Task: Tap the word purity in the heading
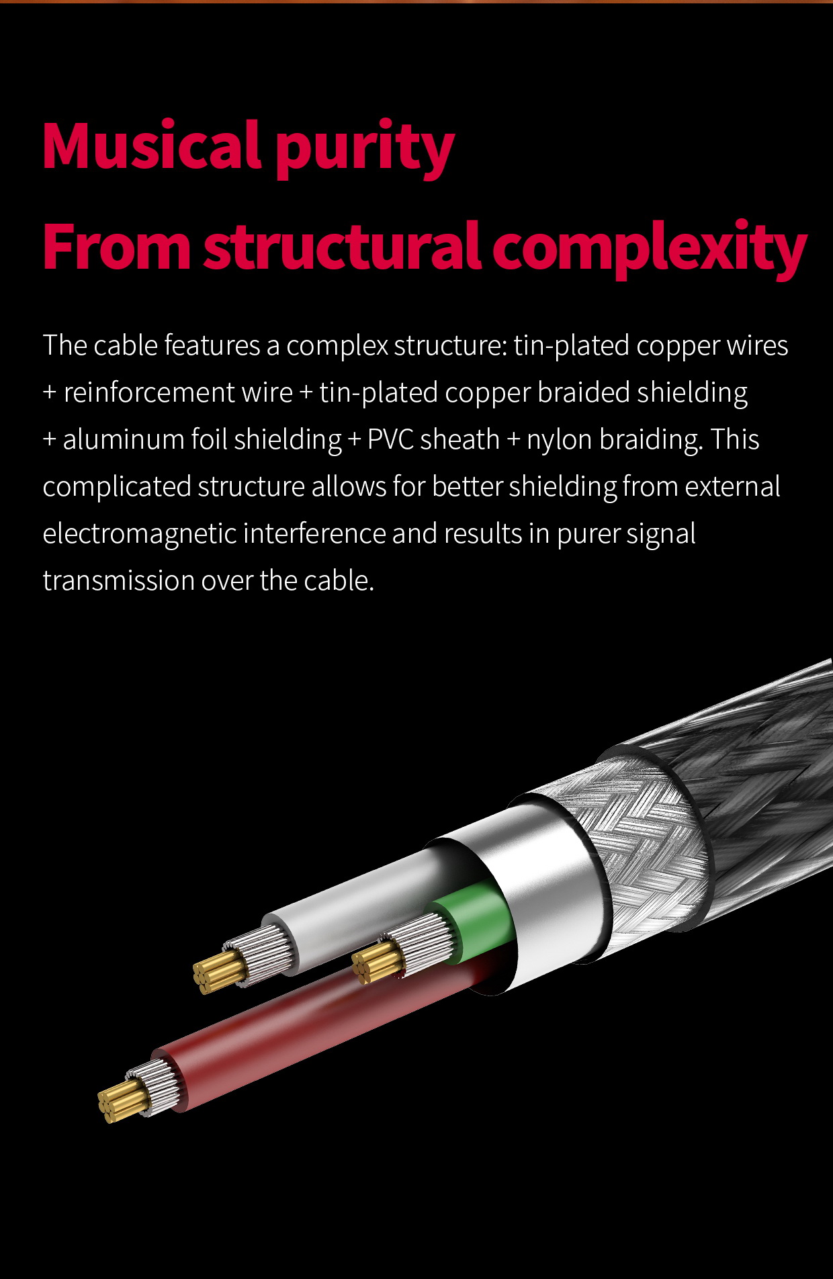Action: coord(365,149)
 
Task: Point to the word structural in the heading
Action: coord(342,247)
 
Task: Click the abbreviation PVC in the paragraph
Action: coord(390,439)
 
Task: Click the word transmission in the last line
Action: coord(118,580)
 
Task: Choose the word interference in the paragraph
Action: coord(314,533)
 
